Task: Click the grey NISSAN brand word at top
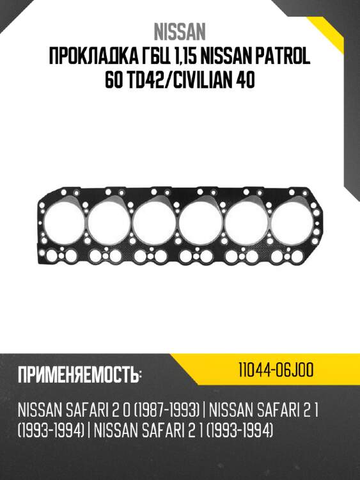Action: [x=180, y=31]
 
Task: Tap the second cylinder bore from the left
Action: [x=109, y=223]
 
